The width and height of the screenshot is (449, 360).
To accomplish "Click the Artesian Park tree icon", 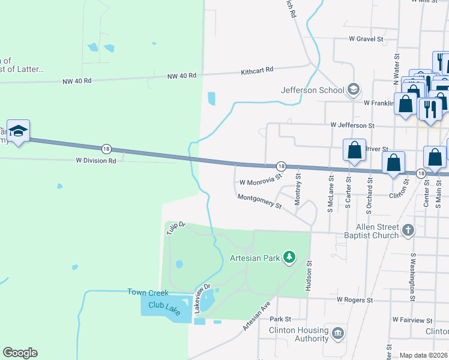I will click(x=289, y=257).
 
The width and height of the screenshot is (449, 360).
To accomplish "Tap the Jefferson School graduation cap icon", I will click(x=354, y=90).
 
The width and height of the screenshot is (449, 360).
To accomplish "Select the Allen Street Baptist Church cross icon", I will click(x=408, y=230).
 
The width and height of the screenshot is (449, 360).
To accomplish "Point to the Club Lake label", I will click(x=164, y=306).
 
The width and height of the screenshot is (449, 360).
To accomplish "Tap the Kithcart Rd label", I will click(x=257, y=70).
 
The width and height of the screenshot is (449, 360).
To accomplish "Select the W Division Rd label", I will click(x=96, y=161).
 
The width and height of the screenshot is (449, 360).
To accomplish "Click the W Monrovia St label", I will click(x=261, y=181).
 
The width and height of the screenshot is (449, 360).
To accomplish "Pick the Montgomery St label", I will click(x=259, y=201).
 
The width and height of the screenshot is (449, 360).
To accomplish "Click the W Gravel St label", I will click(x=366, y=39).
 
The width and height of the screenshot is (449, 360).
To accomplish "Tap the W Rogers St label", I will click(x=355, y=299).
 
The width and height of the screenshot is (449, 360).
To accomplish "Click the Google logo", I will click(x=20, y=353).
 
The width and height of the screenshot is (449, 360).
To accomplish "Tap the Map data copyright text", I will click(x=424, y=355).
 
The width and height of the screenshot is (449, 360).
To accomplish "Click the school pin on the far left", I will click(x=18, y=132).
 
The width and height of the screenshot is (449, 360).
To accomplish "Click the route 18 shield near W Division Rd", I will click(x=106, y=148).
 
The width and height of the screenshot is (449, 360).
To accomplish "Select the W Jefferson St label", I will click(x=352, y=125).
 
